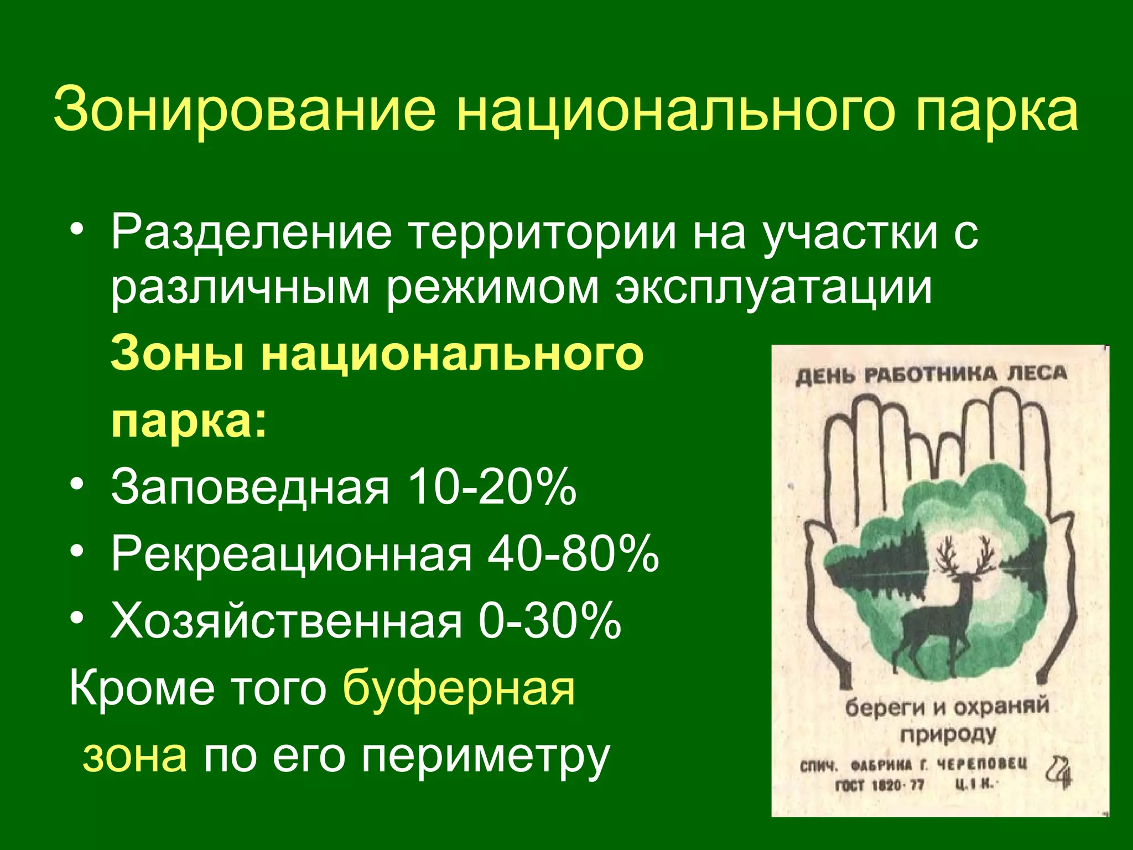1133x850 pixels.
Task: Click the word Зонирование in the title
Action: (x=244, y=109)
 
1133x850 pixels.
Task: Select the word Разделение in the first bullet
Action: (x=251, y=232)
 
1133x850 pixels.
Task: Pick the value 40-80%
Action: (x=573, y=554)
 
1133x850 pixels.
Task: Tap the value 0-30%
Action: (x=550, y=621)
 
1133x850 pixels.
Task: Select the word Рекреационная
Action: (x=291, y=554)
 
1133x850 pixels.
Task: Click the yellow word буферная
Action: (x=459, y=690)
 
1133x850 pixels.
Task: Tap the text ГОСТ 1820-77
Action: (x=880, y=785)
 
